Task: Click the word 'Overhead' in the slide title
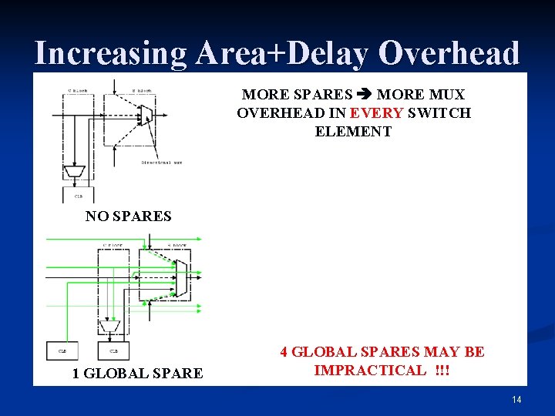click(x=449, y=53)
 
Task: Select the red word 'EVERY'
click(x=376, y=113)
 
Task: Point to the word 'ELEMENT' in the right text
click(x=353, y=132)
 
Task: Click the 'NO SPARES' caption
click(x=128, y=216)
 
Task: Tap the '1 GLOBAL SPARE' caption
click(x=137, y=374)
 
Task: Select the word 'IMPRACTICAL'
click(x=369, y=371)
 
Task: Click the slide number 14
click(x=516, y=400)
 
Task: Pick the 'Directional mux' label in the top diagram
click(x=162, y=162)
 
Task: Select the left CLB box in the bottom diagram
click(x=62, y=351)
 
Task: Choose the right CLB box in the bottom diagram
click(x=113, y=351)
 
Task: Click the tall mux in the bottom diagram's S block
click(x=181, y=277)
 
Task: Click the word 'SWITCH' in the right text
click(x=440, y=113)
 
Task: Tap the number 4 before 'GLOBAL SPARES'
click(x=284, y=352)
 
